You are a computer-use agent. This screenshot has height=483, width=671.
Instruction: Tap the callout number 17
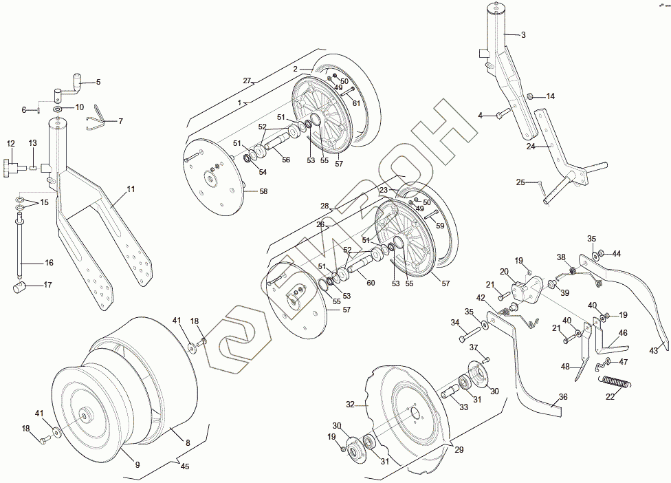point(47,284)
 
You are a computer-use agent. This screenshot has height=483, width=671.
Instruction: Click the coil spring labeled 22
point(614,385)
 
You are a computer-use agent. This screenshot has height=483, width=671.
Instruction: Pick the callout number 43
point(653,350)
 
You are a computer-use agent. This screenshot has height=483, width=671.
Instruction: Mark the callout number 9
point(137,464)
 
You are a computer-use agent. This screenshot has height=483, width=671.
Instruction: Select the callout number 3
point(522,34)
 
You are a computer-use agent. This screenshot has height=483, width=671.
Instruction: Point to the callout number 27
point(247,80)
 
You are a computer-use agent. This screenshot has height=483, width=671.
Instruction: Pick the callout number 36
point(562,396)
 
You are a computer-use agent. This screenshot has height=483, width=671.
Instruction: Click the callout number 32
point(349,405)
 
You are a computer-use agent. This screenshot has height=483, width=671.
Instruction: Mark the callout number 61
point(356,103)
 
